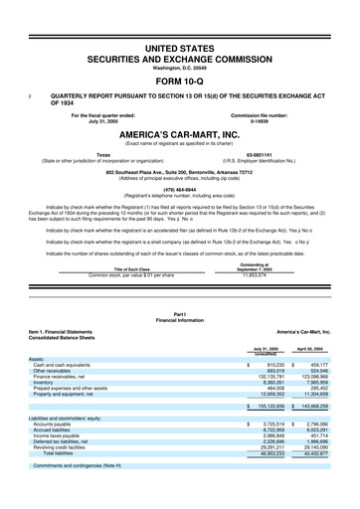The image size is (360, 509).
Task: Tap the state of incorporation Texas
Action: [x=102, y=155]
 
